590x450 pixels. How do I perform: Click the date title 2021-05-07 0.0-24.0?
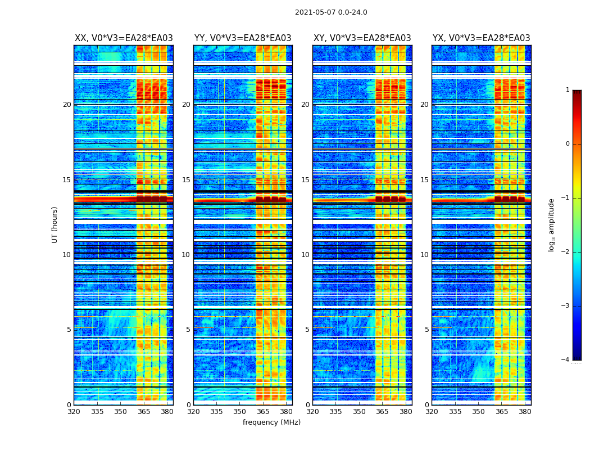click(x=331, y=12)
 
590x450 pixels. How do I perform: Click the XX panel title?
click(x=124, y=38)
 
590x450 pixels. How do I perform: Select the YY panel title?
click(x=243, y=38)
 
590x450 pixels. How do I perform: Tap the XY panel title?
click(x=362, y=38)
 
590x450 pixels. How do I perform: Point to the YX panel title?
click(x=481, y=38)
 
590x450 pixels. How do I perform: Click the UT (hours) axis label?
click(x=55, y=224)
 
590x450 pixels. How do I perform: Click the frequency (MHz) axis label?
click(x=271, y=422)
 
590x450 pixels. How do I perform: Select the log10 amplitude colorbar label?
click(x=552, y=224)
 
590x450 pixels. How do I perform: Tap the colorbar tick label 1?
click(x=567, y=90)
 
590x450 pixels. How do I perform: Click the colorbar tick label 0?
click(x=567, y=144)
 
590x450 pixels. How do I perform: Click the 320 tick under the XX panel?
click(x=74, y=412)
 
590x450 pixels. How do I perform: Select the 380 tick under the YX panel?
click(x=525, y=412)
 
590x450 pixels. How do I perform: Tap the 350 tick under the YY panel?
click(x=240, y=412)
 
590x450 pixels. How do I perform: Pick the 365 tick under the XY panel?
click(x=382, y=412)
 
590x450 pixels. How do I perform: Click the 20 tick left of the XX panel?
click(x=67, y=105)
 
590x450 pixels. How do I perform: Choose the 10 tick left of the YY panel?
click(x=186, y=255)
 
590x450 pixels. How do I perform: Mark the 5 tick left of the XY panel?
click(x=307, y=330)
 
